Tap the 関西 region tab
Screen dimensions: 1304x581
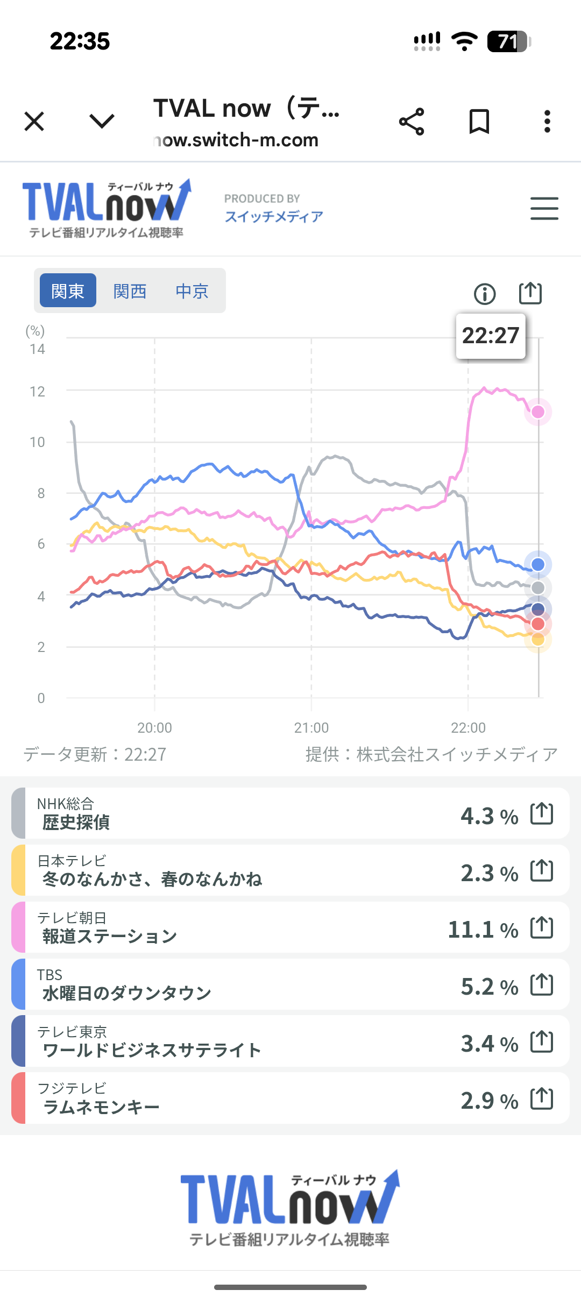click(x=130, y=291)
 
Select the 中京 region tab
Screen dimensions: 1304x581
click(x=192, y=291)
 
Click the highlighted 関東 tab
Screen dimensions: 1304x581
click(x=68, y=291)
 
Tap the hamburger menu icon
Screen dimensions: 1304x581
click(x=544, y=208)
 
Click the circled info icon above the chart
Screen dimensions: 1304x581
click(x=485, y=294)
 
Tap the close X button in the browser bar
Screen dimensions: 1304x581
click(x=34, y=122)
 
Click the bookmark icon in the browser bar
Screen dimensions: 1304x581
click(x=479, y=122)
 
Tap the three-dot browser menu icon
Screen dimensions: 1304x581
click(x=547, y=122)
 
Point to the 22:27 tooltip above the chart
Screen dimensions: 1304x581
click(x=490, y=336)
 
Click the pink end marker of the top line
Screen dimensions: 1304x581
click(x=538, y=412)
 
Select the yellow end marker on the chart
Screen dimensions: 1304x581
click(x=538, y=640)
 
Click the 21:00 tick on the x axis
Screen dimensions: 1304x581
click(x=311, y=727)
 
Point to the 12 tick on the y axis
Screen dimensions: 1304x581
click(x=37, y=392)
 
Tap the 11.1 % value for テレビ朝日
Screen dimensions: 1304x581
click(x=483, y=930)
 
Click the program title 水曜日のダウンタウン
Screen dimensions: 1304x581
click(x=127, y=993)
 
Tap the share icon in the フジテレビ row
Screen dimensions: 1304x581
click(x=542, y=1099)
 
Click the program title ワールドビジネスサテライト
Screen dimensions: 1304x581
click(x=152, y=1050)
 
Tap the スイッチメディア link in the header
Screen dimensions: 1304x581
click(x=274, y=216)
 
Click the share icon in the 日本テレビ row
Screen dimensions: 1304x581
click(x=542, y=870)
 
